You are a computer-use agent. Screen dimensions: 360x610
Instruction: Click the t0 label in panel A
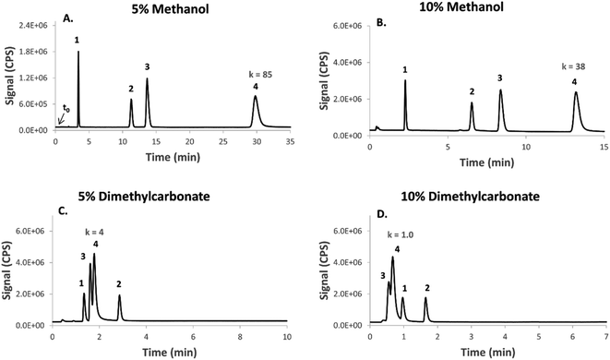coord(66,108)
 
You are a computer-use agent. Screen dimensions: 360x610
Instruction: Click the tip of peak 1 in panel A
coord(78,52)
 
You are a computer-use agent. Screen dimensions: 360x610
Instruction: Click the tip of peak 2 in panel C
coord(119,295)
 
